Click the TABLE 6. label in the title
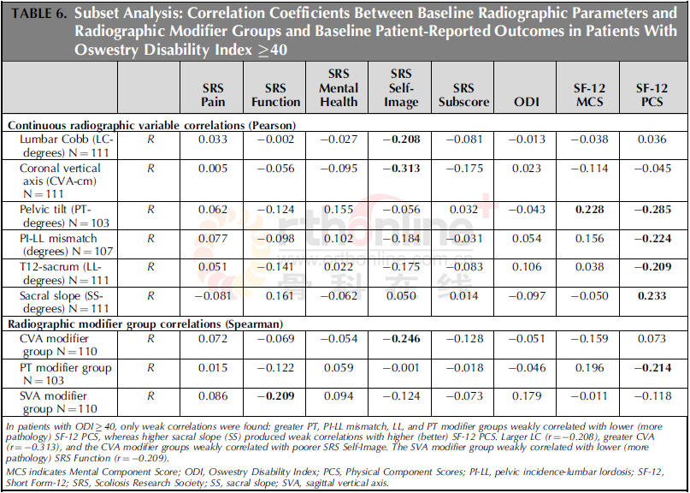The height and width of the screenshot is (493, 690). (38, 14)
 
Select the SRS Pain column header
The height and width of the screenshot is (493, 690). (213, 95)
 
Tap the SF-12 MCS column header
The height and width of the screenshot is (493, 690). (589, 95)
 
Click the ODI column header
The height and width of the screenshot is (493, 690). (527, 102)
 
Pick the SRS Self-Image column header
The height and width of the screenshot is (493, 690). (400, 87)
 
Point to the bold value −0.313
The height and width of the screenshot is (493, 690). (401, 169)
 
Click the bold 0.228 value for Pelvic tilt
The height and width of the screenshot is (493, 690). (590, 210)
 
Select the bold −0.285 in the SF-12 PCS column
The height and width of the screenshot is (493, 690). (652, 210)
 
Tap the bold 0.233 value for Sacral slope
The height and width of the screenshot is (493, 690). (652, 296)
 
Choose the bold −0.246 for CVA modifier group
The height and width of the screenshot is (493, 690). (401, 339)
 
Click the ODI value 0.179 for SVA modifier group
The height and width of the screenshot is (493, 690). (527, 396)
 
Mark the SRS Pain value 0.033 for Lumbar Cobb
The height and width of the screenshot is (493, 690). (213, 140)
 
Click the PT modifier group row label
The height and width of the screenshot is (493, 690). (66, 374)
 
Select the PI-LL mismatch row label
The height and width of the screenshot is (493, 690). (67, 245)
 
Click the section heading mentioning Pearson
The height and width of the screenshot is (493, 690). (152, 126)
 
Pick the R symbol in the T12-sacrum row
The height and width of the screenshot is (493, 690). (150, 267)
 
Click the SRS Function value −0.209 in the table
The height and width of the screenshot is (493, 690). (275, 396)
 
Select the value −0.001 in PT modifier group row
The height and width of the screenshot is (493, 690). (401, 368)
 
